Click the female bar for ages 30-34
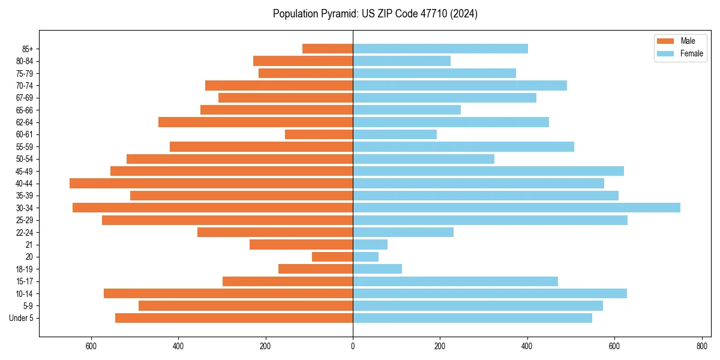[x=516, y=208]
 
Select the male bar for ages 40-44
[x=211, y=183]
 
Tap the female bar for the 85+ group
[x=440, y=49]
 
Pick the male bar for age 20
[x=332, y=257]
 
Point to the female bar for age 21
[x=370, y=244]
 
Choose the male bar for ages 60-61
[x=319, y=134]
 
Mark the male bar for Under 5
[x=234, y=318]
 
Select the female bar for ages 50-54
[x=424, y=159]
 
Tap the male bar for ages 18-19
[x=316, y=269]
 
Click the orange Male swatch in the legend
[x=665, y=41]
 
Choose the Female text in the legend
[x=692, y=53]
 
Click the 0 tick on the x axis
[x=353, y=346]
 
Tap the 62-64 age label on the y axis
[x=25, y=122]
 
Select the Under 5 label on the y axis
[x=22, y=318]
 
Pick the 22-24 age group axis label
[x=25, y=232]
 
